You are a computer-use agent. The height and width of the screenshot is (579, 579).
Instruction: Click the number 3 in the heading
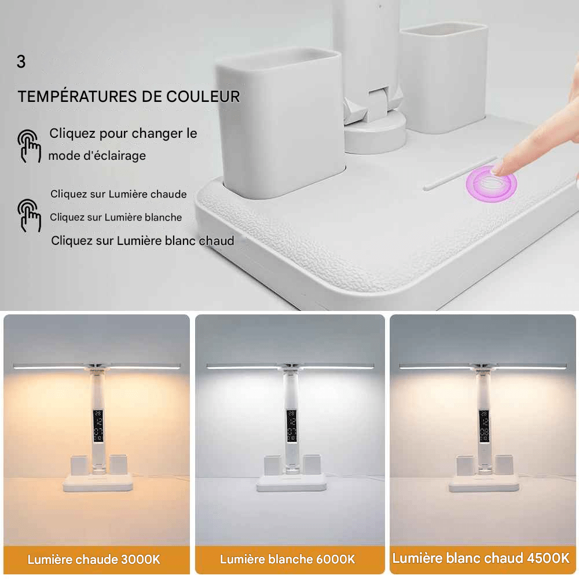[21, 63]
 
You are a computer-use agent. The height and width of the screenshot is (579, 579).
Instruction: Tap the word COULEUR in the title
[203, 97]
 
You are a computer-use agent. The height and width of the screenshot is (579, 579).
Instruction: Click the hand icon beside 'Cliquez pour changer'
[29, 146]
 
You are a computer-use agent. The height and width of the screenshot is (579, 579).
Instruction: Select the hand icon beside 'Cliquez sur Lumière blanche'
[29, 215]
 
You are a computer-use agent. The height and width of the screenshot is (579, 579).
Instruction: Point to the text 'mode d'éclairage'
[97, 156]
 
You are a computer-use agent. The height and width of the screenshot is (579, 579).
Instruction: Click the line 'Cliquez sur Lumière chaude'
[119, 194]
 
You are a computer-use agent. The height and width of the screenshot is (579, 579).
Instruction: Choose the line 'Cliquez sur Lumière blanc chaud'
[142, 240]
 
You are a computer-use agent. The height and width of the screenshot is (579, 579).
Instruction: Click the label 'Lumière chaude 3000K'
[94, 559]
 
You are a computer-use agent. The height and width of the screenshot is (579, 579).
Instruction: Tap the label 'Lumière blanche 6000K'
[288, 559]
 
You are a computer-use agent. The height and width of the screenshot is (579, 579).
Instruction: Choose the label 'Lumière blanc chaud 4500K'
[481, 559]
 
